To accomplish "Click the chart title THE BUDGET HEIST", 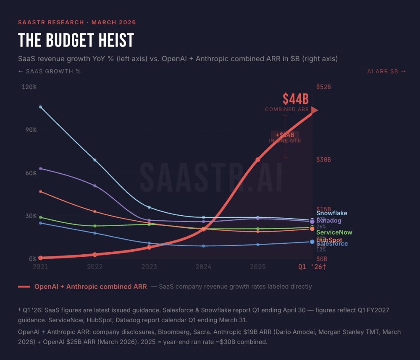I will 76,40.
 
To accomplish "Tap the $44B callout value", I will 296,99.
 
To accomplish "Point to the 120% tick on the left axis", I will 29,87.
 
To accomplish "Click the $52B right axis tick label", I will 323,87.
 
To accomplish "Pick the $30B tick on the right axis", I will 323,160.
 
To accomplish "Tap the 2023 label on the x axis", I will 149,266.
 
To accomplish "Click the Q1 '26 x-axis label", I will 312,266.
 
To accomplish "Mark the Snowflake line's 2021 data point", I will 40,107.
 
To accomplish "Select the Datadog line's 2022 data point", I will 95,186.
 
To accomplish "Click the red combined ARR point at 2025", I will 258,160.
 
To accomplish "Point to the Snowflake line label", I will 332,213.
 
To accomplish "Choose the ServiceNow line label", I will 334,232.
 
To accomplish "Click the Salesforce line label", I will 332,244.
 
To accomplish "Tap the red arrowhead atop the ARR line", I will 314,110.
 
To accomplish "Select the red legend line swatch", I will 24,287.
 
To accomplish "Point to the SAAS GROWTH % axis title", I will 50,71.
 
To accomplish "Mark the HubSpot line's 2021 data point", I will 40,192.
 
